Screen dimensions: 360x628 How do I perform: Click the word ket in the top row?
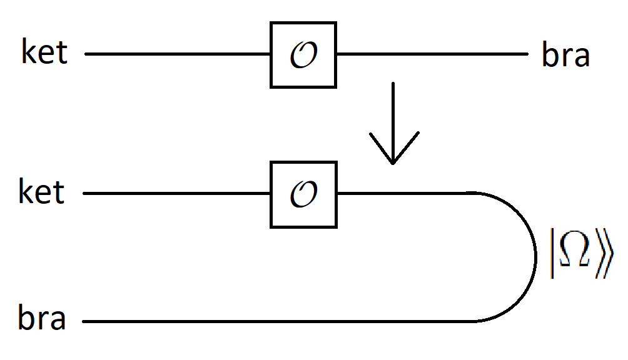tap(44, 52)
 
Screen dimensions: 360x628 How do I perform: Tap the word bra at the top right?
tap(565, 56)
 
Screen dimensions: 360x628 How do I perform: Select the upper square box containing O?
tap(303, 54)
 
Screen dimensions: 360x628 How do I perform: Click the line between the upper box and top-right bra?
tap(432, 54)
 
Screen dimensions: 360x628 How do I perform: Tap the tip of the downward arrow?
tap(392, 162)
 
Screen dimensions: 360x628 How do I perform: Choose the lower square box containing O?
tap(303, 194)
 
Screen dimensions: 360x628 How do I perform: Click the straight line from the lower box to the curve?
tap(403, 194)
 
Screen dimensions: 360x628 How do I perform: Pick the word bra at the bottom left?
tap(42, 319)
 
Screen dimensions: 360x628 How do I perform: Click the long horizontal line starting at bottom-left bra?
tap(275, 322)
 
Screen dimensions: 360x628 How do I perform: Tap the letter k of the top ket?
tap(28, 52)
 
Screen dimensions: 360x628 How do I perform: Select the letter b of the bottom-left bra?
tap(25, 319)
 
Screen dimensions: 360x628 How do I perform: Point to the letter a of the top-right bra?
tap(581, 57)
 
